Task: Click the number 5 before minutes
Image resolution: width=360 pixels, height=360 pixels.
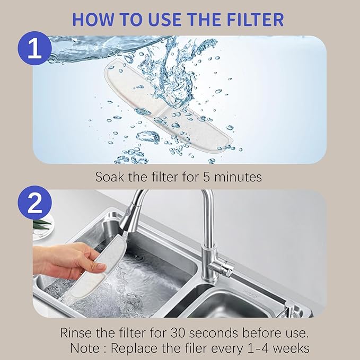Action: point(208,177)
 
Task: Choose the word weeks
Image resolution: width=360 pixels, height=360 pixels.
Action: point(292,349)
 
